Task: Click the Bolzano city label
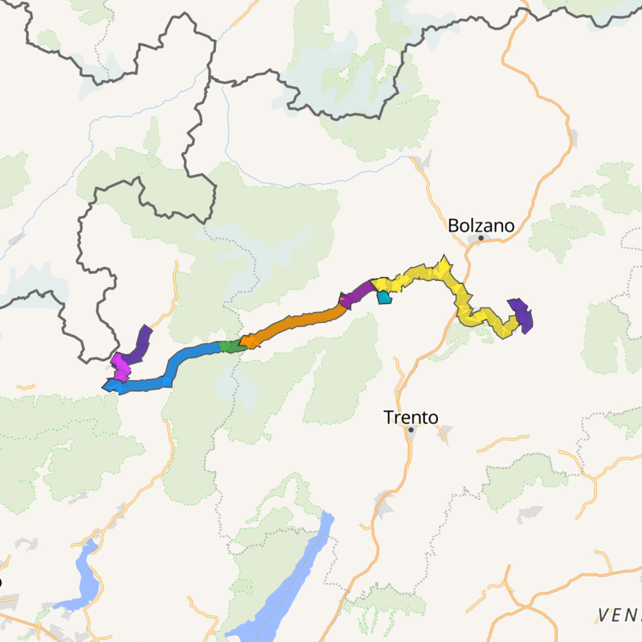click(x=481, y=225)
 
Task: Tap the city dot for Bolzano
click(x=481, y=238)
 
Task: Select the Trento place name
click(x=411, y=417)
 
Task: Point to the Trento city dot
click(x=411, y=430)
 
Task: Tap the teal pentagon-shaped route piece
click(x=384, y=297)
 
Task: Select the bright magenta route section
click(x=121, y=368)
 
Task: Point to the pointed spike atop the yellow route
click(x=444, y=260)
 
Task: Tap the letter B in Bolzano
click(x=453, y=225)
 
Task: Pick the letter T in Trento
click(x=388, y=417)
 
